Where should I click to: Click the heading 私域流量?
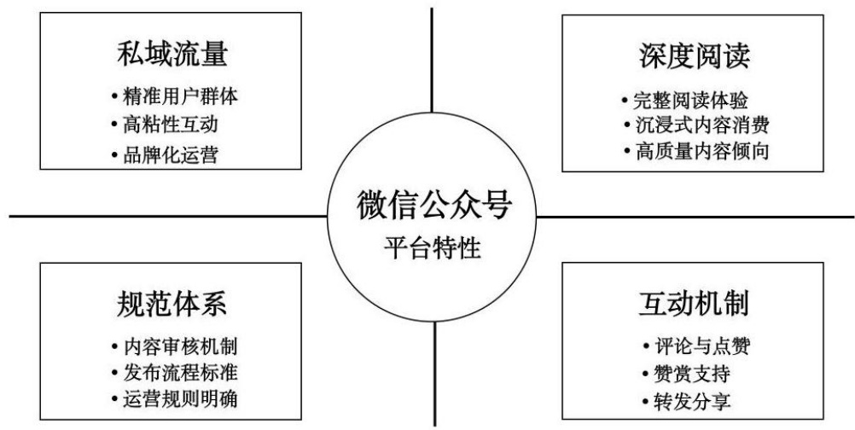(x=173, y=56)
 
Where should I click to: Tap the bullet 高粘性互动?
(x=170, y=125)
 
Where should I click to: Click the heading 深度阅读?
(x=694, y=60)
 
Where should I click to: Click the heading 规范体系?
(x=173, y=305)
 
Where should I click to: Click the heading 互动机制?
(x=694, y=306)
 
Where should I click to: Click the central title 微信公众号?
(x=433, y=207)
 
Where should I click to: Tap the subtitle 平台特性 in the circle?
(x=433, y=249)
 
